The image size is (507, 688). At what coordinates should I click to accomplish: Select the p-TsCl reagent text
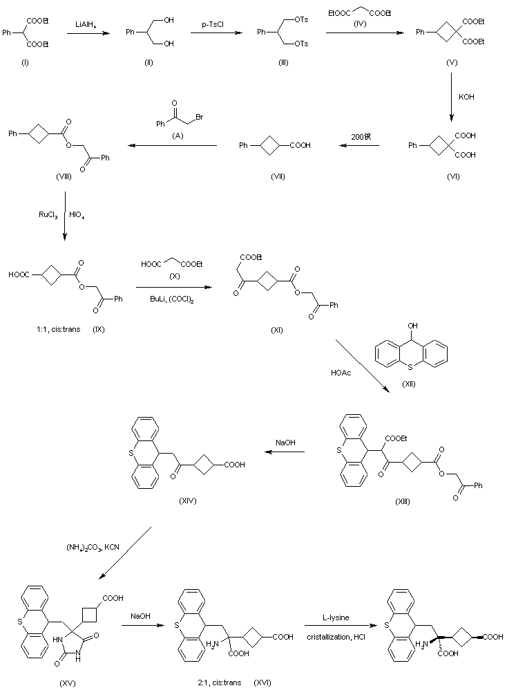(x=216, y=24)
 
